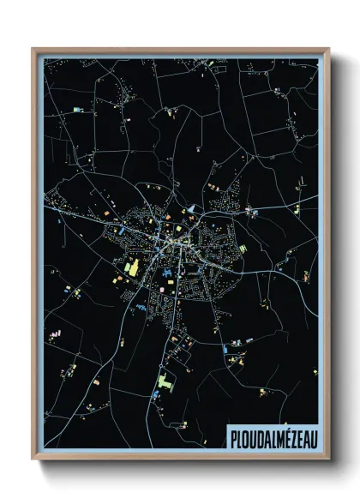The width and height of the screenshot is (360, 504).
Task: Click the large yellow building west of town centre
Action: (133, 267)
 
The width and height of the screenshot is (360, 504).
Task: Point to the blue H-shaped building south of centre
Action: (168, 275)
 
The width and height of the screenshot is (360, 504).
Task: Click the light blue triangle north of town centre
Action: (192, 208)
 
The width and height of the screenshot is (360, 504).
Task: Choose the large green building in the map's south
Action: (164, 381)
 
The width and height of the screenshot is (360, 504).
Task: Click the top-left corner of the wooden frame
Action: (33, 49)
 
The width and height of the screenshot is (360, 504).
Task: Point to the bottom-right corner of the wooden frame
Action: (328, 461)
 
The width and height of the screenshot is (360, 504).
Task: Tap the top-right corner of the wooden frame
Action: (328, 49)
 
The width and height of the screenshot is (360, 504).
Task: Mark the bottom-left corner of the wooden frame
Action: (33, 461)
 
